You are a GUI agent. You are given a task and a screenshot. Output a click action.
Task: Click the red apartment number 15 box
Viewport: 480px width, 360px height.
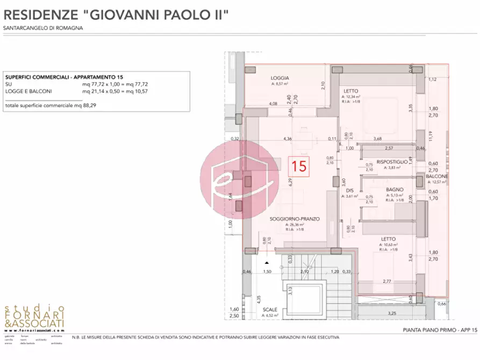300,165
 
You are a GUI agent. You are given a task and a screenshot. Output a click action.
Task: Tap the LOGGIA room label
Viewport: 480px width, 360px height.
280,78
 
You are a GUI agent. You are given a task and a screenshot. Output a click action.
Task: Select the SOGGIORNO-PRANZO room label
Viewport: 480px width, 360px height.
295,219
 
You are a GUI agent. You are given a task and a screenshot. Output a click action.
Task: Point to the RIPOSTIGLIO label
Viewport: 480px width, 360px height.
392,162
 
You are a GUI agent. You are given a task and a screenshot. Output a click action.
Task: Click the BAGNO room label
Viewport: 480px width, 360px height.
394,189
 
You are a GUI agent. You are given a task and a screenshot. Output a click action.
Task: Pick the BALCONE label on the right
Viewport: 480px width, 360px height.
437,176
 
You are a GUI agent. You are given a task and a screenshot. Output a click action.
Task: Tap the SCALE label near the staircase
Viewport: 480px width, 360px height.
270,310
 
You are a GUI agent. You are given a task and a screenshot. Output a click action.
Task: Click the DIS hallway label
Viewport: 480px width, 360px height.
349,190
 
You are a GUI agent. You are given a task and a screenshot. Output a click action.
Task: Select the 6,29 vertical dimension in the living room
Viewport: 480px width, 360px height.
290,183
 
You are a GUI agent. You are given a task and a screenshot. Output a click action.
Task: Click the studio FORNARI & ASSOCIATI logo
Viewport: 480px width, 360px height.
34,319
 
